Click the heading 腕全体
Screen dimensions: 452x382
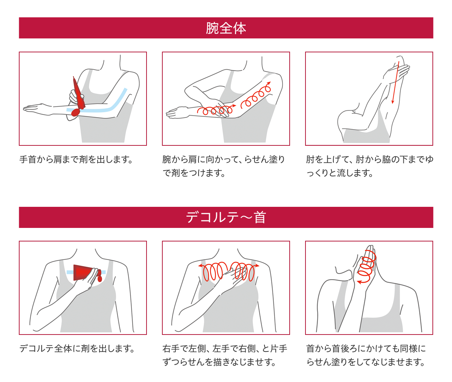tap(226, 28)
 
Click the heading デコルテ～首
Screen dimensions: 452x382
tap(226, 217)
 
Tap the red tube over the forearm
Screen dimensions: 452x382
tap(79, 93)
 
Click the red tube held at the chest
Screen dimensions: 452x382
tap(87, 272)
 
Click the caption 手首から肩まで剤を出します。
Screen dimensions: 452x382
tap(76, 160)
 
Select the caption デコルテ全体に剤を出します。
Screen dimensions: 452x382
tap(77, 348)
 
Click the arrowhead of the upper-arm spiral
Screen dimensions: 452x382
tap(269, 83)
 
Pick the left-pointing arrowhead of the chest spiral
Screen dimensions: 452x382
tap(201, 266)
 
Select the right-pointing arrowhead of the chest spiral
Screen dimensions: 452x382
tap(257, 266)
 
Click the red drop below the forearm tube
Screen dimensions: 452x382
tap(75, 112)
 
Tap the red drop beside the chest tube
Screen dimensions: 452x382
tap(99, 278)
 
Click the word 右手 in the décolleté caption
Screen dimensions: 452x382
tap(171, 348)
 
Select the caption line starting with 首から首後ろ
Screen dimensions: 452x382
tap(366, 348)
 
